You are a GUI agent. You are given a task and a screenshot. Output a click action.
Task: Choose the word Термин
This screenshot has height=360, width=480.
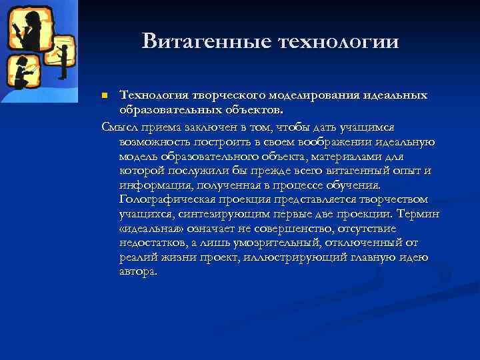pos(418,214)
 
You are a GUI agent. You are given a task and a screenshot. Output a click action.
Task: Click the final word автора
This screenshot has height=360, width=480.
pos(139,272)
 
